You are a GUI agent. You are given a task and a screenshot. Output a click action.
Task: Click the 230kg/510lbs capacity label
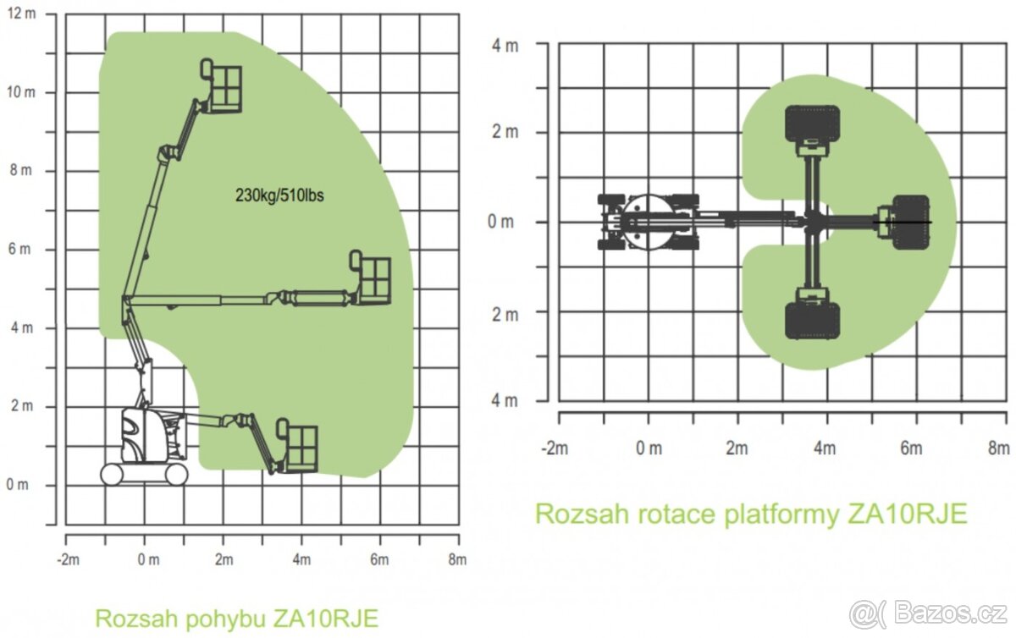(x=279, y=195)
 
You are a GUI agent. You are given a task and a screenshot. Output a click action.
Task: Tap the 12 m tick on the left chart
(x=21, y=14)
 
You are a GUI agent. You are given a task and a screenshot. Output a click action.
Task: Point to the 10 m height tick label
(x=21, y=92)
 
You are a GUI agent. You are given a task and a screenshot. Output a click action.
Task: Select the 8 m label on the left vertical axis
(x=21, y=170)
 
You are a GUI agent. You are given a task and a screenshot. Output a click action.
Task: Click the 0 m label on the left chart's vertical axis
(x=17, y=484)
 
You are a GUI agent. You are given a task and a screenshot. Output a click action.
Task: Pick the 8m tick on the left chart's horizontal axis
(x=457, y=559)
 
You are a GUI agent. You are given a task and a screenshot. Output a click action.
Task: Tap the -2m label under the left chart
(x=68, y=559)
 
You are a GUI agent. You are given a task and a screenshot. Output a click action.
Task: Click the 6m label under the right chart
(x=911, y=448)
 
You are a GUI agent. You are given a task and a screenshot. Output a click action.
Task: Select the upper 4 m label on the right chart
(x=505, y=46)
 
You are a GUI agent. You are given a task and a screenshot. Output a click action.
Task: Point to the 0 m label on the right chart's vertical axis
(x=500, y=222)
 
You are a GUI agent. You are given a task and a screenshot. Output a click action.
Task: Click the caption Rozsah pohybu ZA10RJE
(x=237, y=618)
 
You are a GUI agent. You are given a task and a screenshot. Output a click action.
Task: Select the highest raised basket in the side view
(x=221, y=86)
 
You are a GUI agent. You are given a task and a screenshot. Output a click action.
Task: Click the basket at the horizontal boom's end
(x=370, y=277)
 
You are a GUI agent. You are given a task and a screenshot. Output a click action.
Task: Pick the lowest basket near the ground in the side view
(x=297, y=445)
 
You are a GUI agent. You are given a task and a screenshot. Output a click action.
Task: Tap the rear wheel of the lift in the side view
(x=112, y=475)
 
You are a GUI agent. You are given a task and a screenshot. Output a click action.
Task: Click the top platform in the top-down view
(x=812, y=124)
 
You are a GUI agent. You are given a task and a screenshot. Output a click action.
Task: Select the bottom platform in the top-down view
(x=812, y=321)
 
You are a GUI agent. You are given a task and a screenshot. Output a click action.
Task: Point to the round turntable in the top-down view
(x=648, y=223)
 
